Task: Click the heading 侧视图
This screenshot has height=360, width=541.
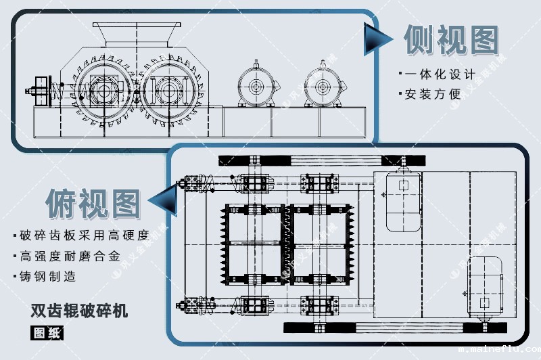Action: pos(451,41)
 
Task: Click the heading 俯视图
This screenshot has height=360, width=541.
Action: pos(93,202)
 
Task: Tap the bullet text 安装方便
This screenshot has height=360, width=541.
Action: pos(433,95)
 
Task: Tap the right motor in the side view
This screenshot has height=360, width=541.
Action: pos(321,86)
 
